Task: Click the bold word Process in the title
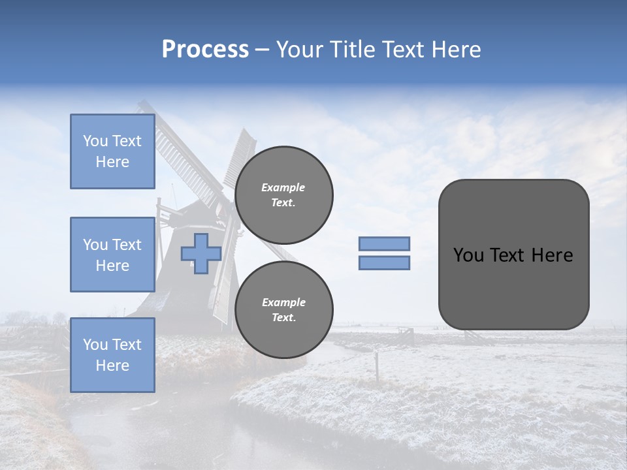(205, 50)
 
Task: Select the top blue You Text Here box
(112, 151)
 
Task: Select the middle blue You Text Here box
(112, 255)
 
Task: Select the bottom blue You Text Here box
(112, 355)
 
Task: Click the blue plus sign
(201, 253)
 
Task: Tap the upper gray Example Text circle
(284, 195)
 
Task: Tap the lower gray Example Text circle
(284, 310)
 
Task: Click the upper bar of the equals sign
(385, 243)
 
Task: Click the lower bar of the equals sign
(385, 263)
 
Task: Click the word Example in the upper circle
(283, 187)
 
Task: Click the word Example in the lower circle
(283, 302)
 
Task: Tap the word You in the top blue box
(95, 141)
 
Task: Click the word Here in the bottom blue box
(112, 366)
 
